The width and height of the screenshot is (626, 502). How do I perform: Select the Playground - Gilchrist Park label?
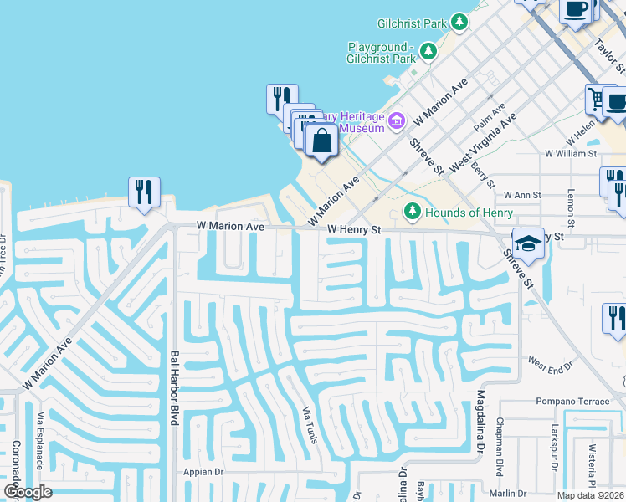pos(382,54)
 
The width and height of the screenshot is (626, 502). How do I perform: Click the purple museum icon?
pos(397,122)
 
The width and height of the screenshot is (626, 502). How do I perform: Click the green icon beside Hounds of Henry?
pos(412,211)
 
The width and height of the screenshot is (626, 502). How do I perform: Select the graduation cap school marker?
pos(527,243)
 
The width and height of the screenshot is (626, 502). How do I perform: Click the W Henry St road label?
pos(354,228)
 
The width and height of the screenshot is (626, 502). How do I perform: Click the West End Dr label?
pos(550,364)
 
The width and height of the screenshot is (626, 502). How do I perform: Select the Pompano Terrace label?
pos(573,402)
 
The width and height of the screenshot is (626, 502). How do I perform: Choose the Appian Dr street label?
pos(204,472)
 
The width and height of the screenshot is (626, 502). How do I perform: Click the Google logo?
pos(27,492)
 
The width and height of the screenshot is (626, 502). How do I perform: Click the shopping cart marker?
pos(598,99)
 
